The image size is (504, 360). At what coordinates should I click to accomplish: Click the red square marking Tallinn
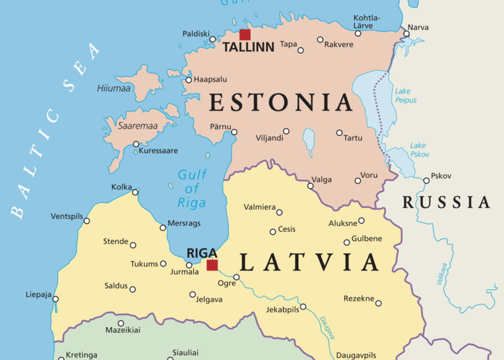pos(245,35)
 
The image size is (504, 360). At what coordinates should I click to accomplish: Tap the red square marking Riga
pos(212,265)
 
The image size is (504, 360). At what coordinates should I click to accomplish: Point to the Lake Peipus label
pos(406,96)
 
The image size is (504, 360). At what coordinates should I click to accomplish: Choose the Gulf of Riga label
pos(191,188)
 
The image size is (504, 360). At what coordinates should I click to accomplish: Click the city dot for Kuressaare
pos(136,144)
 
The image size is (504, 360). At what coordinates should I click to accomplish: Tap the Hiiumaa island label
pos(114,88)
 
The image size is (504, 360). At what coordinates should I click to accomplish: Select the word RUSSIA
pos(447,202)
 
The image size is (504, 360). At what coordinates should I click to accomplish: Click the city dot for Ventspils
pos(86,220)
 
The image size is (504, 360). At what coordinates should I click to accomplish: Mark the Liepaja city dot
pos(55,299)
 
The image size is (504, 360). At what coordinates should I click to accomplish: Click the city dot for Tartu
pos(339,133)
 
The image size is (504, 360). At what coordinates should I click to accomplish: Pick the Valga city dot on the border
pos(310,186)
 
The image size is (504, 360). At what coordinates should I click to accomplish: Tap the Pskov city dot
pos(426,181)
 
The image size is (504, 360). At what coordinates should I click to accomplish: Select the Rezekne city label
pos(359,299)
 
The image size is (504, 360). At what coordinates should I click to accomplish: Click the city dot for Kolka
pos(135,192)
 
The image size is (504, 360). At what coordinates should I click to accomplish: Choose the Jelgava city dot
pos(193,295)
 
